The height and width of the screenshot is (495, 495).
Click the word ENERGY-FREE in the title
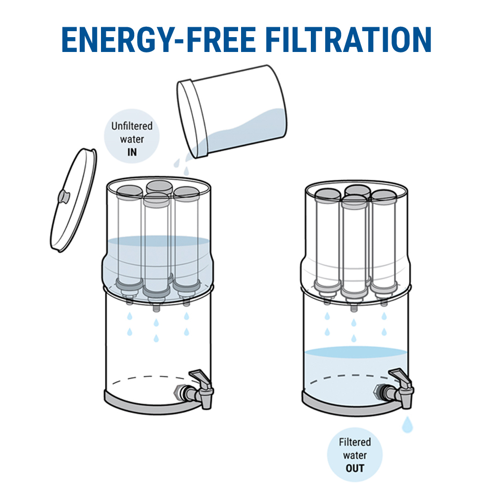[x=158, y=40]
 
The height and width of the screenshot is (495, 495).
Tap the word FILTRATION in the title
[x=348, y=40]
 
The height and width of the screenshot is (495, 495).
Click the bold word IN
[x=132, y=152]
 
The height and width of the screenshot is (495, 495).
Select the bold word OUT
[x=355, y=468]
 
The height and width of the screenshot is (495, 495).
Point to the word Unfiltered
[x=132, y=126]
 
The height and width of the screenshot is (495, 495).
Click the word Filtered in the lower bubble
[x=355, y=442]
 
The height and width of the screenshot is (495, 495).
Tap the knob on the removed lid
[x=63, y=196]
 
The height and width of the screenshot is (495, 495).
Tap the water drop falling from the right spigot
[x=407, y=424]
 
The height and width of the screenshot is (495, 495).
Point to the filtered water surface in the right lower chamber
[x=356, y=352]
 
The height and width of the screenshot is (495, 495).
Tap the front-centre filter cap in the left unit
[x=156, y=199]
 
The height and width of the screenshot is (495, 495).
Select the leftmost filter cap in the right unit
[x=328, y=196]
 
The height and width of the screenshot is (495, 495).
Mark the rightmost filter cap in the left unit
[x=186, y=194]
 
